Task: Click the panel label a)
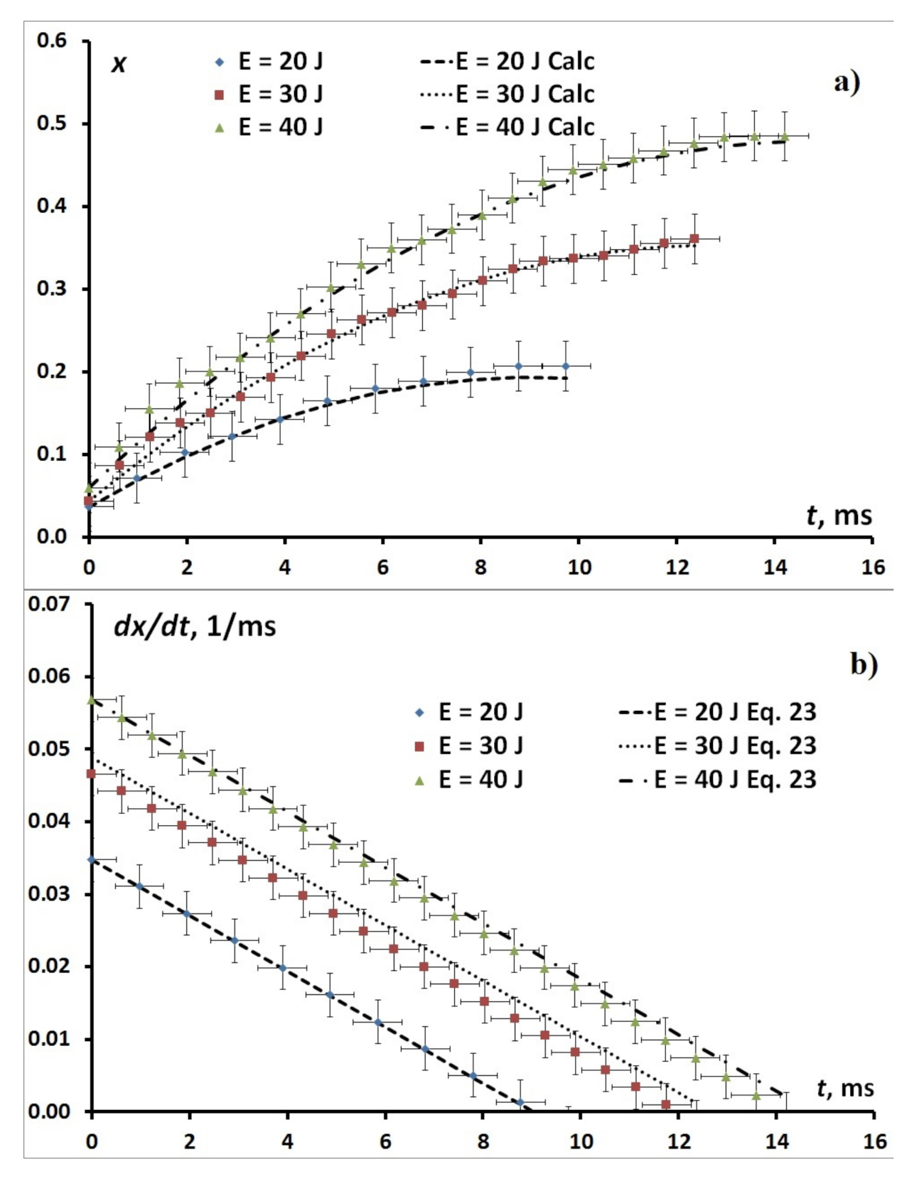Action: (x=847, y=82)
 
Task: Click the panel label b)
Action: (x=864, y=664)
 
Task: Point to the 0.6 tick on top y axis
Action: (x=51, y=40)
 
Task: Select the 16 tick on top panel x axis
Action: (x=874, y=567)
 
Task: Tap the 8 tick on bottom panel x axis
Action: (x=483, y=1141)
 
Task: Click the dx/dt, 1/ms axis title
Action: (x=194, y=626)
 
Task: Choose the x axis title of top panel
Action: (x=119, y=64)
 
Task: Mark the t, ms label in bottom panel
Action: (x=845, y=1089)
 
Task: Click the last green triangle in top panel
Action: (x=785, y=136)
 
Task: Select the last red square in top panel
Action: (x=694, y=239)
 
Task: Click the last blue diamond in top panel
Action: (x=566, y=366)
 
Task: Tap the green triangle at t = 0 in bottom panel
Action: (x=91, y=700)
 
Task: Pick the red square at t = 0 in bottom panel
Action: (x=91, y=773)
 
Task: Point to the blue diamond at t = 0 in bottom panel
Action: (x=91, y=860)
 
